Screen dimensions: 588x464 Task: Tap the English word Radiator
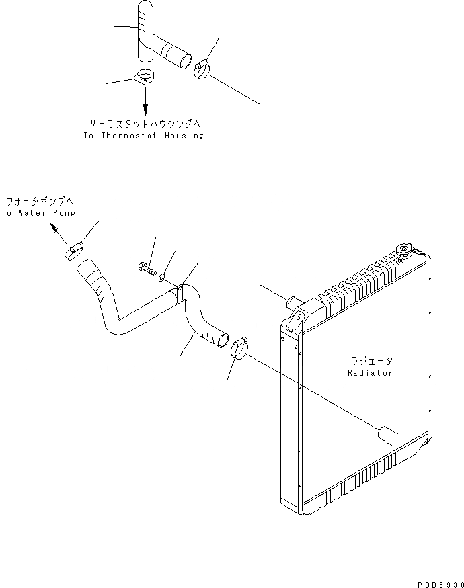pyautogui.click(x=370, y=372)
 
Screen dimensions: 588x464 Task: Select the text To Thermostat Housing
pyautogui.click(x=143, y=136)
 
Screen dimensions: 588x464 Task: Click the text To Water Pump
pyautogui.click(x=38, y=213)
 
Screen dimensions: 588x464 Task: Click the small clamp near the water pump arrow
pyautogui.click(x=74, y=251)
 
